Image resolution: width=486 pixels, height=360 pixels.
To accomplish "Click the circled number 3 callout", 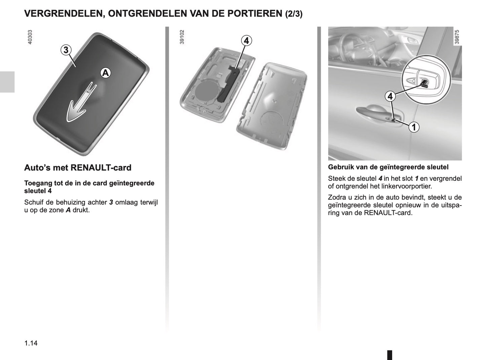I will tap(66, 50).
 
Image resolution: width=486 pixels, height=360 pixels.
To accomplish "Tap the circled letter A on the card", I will tap(106, 73).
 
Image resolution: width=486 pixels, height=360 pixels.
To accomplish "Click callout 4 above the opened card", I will tap(246, 41).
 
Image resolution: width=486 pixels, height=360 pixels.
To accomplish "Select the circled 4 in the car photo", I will tap(390, 97).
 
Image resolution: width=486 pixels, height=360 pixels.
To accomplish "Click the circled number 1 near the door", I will tap(414, 127).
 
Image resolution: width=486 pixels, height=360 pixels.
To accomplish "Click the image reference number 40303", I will tap(30, 37).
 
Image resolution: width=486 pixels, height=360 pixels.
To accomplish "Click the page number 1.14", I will tap(31, 343).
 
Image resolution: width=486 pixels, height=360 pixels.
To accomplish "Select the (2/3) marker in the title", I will tap(294, 14).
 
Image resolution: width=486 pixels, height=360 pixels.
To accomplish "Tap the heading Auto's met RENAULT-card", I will tap(78, 168).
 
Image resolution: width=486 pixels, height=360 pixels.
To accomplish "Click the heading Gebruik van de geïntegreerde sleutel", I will tap(388, 167).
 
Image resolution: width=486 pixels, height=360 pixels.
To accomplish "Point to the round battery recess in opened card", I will tap(205, 91).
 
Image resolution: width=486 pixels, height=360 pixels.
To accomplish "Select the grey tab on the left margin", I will tap(7, 82).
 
